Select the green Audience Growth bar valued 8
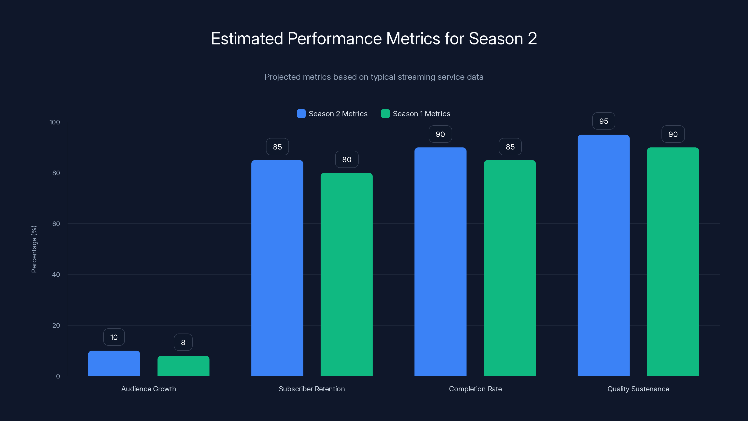[x=183, y=366]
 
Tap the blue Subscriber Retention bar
[x=277, y=268]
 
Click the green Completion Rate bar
[x=510, y=268]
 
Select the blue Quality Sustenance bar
[x=603, y=255]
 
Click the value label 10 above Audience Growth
[x=114, y=337]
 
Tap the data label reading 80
[x=346, y=160]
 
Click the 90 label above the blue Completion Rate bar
[x=440, y=134]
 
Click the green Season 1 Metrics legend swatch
[x=385, y=114]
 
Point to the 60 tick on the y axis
[x=56, y=224]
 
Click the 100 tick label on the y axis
[x=55, y=122]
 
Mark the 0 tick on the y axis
[x=58, y=376]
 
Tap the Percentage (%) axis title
[x=34, y=249]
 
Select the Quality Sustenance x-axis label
[x=638, y=389]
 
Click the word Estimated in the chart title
[x=247, y=39]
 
